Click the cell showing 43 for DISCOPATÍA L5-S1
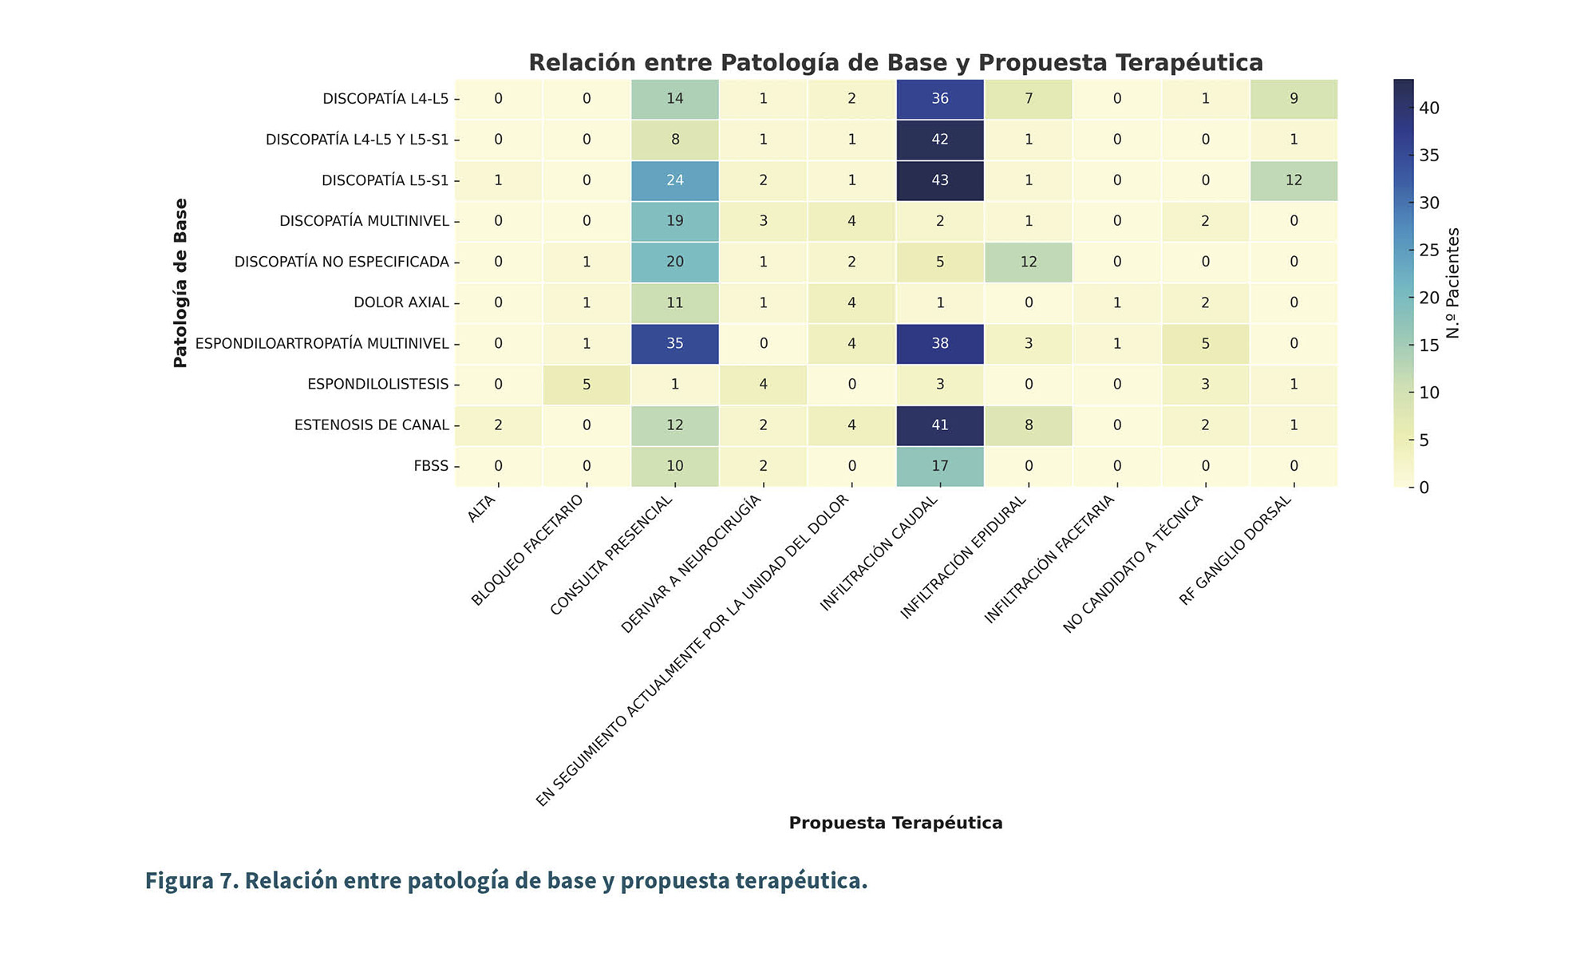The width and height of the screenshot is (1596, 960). (x=940, y=180)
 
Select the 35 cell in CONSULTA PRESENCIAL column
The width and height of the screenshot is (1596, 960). (x=675, y=344)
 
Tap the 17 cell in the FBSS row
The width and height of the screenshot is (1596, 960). (x=940, y=466)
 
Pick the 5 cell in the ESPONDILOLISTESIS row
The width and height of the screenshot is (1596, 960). (x=587, y=385)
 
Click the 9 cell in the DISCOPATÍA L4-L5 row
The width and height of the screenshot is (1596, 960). (x=1294, y=99)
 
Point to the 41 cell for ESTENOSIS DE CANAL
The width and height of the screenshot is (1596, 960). (x=940, y=425)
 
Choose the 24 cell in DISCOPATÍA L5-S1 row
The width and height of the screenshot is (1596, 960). (x=675, y=180)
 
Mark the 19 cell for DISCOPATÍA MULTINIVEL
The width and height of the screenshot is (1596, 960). (x=675, y=221)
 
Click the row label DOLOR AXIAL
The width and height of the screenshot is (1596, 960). (x=401, y=303)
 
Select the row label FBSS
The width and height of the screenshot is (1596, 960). (x=431, y=466)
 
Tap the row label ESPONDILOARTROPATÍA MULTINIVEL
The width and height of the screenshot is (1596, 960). (x=322, y=344)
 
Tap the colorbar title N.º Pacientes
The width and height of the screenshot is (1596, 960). (x=1453, y=283)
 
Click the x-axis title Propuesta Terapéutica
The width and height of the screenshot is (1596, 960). (x=895, y=824)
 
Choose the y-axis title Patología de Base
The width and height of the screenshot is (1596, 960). (x=181, y=283)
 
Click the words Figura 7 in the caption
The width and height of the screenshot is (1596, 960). (x=190, y=881)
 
